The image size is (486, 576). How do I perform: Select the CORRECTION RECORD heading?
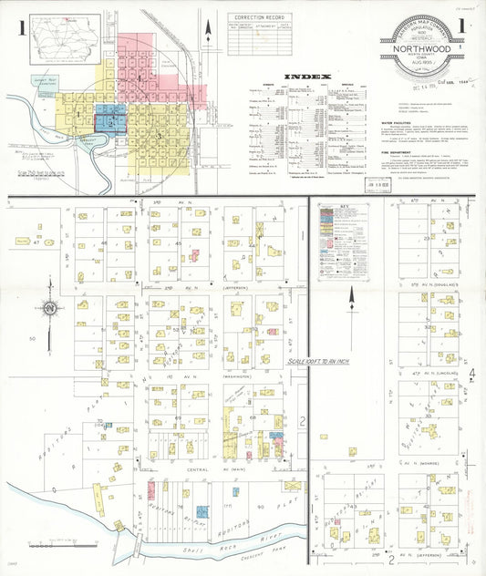pos(260,17)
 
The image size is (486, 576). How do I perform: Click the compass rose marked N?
pos(49,307)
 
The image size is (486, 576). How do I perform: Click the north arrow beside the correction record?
pos(209,31)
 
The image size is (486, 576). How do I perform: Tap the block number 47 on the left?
pos(37,242)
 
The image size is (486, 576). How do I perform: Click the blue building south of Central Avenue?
pos(202,512)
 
